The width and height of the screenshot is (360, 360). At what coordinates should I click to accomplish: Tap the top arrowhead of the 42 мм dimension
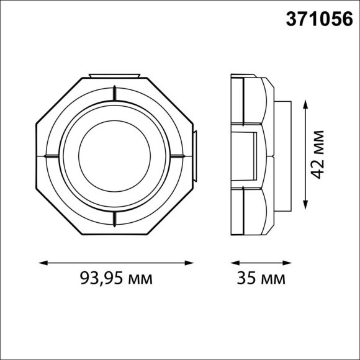coord(305,104)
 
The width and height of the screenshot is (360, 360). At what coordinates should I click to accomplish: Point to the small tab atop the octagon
coord(115,76)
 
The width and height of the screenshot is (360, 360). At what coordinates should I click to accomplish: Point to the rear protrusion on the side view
coord(283,155)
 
